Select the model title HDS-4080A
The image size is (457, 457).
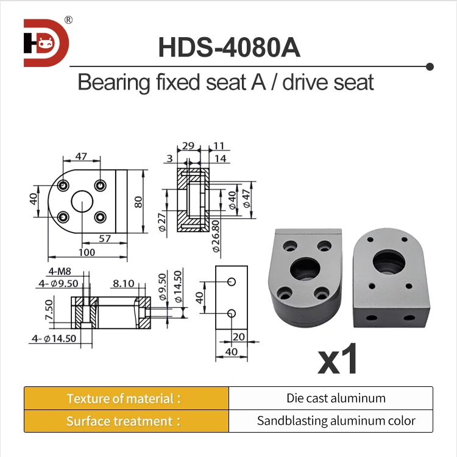228,48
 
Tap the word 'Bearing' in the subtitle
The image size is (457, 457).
114,82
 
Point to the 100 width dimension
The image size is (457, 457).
87,252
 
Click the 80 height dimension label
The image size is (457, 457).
139,202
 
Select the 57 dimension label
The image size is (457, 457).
104,238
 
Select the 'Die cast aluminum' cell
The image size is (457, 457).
336,399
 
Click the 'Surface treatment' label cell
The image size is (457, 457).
126,421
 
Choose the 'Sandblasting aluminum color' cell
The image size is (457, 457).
336,421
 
